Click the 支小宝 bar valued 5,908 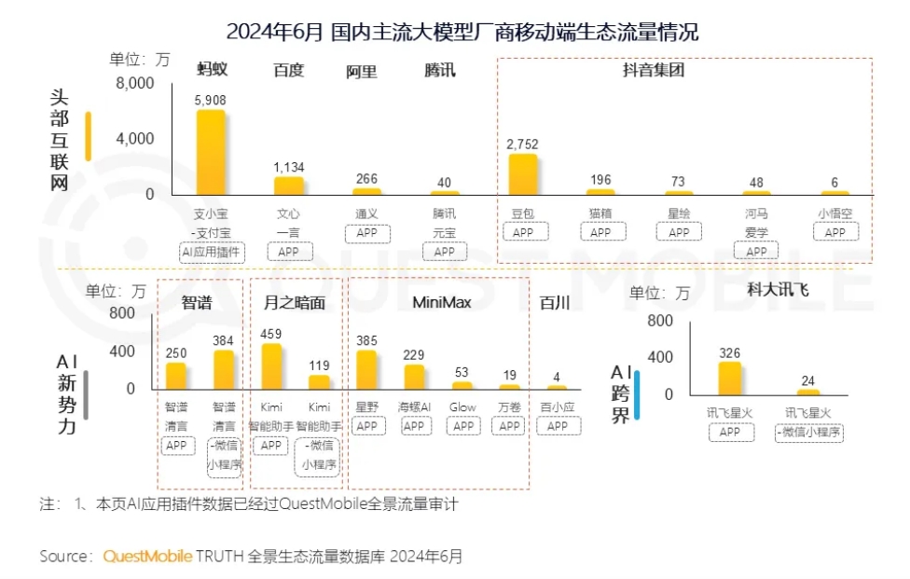[210, 151]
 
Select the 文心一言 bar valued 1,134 [289, 186]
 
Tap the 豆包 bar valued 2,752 [523, 174]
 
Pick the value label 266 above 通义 [366, 179]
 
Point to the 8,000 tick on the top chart [135, 83]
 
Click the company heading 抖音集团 [653, 70]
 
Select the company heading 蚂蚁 [212, 70]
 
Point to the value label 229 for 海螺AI [414, 354]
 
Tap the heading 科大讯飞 [778, 290]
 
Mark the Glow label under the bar [462, 407]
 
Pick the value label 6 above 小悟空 [835, 182]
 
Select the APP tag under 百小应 [557, 426]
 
